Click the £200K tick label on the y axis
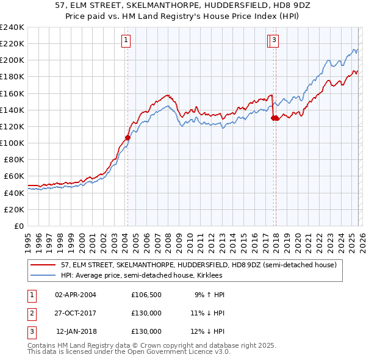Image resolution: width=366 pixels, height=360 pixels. pos(12,60)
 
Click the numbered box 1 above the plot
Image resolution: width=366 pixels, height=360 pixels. pos(125,41)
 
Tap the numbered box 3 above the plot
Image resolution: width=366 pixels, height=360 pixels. pos(274,41)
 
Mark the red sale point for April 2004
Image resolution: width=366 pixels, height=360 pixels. pos(127,137)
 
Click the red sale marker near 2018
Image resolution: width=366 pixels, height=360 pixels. pos(275,118)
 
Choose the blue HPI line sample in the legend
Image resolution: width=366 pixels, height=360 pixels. pos(43,275)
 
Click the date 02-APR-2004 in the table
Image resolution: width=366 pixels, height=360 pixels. pos(76,295)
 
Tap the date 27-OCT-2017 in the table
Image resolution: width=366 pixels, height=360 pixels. pos(76,313)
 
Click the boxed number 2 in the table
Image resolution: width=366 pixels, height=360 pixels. pos(30,313)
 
